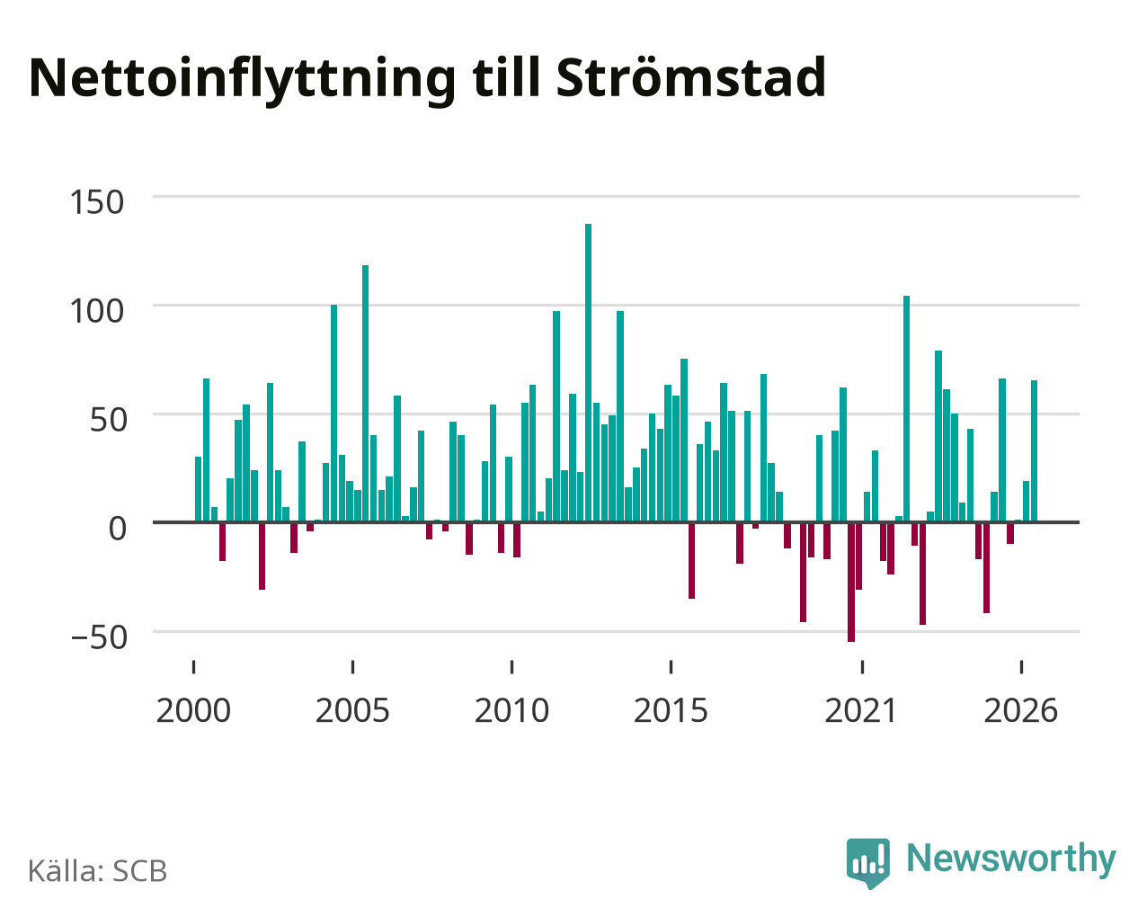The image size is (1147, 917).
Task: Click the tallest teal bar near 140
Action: click(x=588, y=373)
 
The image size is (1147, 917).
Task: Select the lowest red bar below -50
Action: click(x=851, y=583)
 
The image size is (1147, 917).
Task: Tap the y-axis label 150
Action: click(x=96, y=202)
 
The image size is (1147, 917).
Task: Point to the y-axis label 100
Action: click(x=96, y=311)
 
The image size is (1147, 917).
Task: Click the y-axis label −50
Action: click(x=99, y=637)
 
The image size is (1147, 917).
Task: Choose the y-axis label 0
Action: click(x=117, y=529)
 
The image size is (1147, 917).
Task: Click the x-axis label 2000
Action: click(x=193, y=710)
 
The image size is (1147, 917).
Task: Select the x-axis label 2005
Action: click(x=352, y=710)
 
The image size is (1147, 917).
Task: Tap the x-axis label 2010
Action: click(x=511, y=710)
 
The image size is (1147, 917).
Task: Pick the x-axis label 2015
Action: click(x=671, y=710)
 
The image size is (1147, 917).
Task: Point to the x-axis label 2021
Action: click(x=861, y=710)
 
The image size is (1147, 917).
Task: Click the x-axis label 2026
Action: click(x=1020, y=710)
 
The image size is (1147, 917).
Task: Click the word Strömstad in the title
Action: click(x=690, y=78)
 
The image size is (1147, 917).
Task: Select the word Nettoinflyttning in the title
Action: click(x=242, y=81)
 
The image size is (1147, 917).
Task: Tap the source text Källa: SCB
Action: click(x=98, y=871)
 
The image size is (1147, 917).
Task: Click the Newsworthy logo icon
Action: click(x=868, y=862)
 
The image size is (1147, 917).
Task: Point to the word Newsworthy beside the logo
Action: click(x=1011, y=859)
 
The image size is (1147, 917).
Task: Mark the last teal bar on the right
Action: click(x=1034, y=451)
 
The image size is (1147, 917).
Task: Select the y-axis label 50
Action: click(x=108, y=420)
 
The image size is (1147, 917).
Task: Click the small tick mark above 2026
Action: click(x=1021, y=667)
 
